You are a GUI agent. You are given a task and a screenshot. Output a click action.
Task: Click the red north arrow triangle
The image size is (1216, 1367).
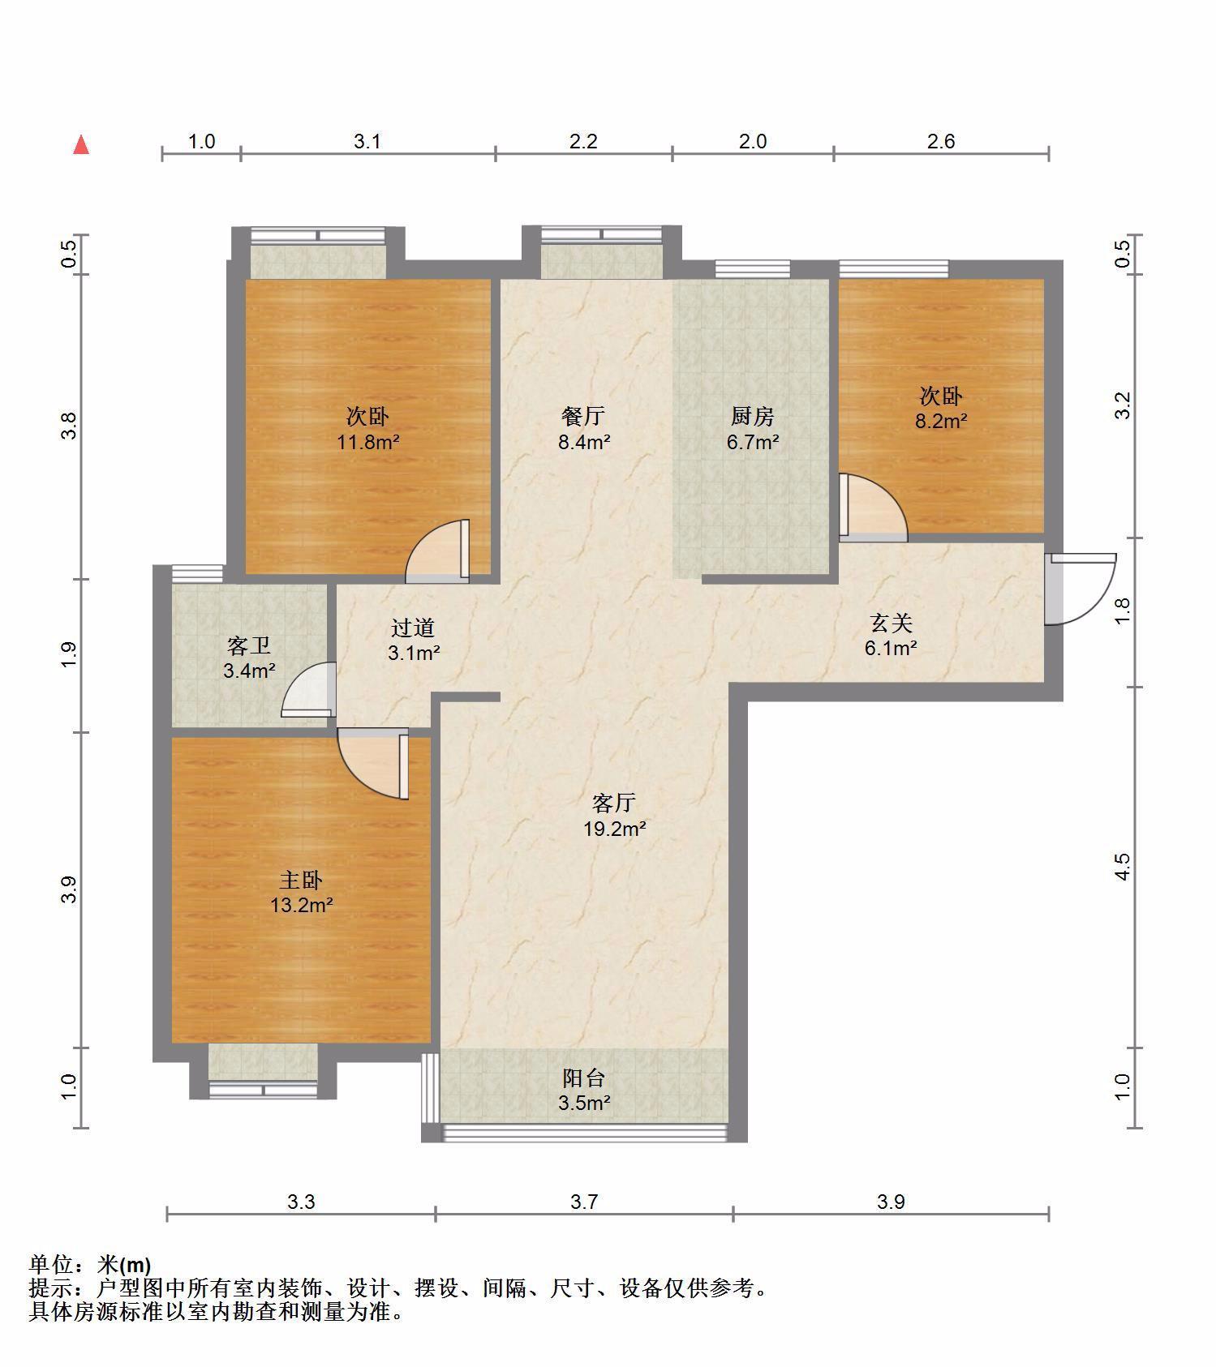[81, 144]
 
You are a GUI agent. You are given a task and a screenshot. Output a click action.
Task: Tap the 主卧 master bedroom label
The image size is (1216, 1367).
[302, 880]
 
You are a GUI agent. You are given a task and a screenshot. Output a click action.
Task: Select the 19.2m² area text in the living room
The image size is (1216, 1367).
[614, 829]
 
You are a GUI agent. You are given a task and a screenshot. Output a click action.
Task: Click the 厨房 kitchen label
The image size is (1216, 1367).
[752, 417]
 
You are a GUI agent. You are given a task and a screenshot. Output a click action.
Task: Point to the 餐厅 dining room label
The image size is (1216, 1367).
[583, 417]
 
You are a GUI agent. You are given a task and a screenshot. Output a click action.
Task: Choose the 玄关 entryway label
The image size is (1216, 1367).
[892, 623]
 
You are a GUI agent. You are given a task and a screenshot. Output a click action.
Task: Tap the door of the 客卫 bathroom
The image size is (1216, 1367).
[309, 689]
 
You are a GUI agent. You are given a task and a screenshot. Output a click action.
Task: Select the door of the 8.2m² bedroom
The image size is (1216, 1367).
[873, 508]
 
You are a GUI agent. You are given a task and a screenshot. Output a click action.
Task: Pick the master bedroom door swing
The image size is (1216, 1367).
[373, 764]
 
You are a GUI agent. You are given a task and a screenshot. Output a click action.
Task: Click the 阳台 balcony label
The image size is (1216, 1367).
[584, 1078]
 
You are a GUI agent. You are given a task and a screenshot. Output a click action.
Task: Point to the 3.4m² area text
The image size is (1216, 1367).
[249, 671]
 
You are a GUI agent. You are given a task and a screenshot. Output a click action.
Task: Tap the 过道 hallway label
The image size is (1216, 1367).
[414, 628]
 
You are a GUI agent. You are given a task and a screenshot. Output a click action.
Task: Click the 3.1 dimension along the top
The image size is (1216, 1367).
[367, 142]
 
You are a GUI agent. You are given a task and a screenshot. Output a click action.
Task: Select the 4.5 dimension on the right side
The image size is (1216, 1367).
[1123, 866]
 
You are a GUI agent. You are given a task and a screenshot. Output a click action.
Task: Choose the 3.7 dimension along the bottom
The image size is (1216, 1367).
[584, 1202]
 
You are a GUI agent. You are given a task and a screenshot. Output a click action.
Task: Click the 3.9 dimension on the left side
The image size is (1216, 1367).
[71, 889]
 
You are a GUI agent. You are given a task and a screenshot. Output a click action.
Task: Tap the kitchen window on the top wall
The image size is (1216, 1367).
[753, 268]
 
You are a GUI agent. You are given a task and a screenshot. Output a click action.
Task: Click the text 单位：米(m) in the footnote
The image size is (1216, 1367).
[90, 1264]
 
